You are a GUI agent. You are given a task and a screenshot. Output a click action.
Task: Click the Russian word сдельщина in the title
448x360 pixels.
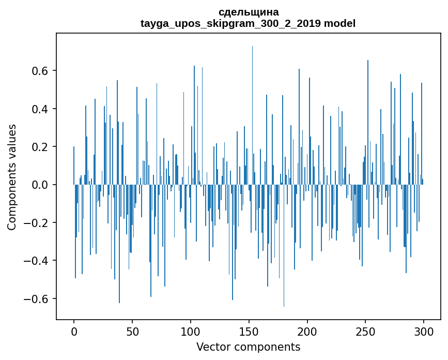click(248, 12)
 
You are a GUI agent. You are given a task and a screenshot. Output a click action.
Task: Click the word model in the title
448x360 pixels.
click(339, 23)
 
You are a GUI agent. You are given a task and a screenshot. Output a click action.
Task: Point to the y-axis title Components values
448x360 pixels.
click(12, 177)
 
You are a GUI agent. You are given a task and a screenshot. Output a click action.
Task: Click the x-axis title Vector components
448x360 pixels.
click(248, 347)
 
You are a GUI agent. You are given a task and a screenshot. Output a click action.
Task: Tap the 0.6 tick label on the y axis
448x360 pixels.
click(41, 71)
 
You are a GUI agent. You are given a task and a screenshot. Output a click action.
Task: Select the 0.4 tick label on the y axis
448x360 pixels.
click(41, 109)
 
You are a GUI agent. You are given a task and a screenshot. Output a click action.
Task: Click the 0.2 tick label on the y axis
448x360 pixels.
click(41, 147)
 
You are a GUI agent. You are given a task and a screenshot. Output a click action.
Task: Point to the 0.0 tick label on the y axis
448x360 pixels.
click(41, 185)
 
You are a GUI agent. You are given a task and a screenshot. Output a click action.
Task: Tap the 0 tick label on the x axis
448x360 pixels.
click(74, 331)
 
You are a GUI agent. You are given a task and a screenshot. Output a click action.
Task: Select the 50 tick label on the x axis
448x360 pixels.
click(132, 331)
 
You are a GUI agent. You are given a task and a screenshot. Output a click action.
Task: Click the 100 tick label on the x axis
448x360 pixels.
click(191, 331)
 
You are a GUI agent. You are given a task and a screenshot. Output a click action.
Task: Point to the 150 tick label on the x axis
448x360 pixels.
click(249, 331)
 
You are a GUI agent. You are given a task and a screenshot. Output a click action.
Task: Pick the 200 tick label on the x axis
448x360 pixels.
click(307, 331)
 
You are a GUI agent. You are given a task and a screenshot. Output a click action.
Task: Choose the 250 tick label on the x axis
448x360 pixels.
click(366, 331)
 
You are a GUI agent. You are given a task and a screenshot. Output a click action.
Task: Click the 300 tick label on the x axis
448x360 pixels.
click(424, 331)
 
